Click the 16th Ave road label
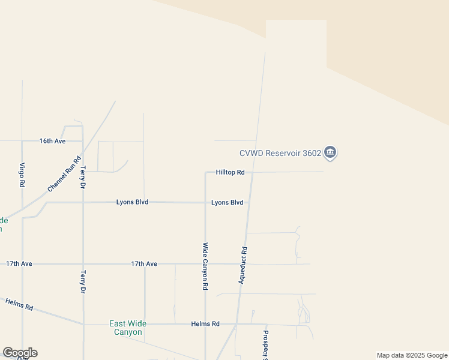coord(52,141)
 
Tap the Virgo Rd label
coord(22,175)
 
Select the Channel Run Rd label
coord(64,175)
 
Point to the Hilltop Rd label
coord(231,172)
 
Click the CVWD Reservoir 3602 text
coord(279,153)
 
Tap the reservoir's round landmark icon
coord(330,153)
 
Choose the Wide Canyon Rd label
coord(205,266)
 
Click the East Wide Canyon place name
coord(126,328)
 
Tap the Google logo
coord(20,353)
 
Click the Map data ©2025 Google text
coord(412,355)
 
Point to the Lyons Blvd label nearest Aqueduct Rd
coord(227,203)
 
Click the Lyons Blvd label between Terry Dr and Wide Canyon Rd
coord(132,203)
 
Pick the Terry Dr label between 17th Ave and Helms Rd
coord(83,281)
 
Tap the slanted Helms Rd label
coord(19,304)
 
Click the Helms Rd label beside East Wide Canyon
coord(205,324)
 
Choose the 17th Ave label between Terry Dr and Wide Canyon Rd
coord(144,264)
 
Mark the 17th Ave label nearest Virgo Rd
coord(19,263)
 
